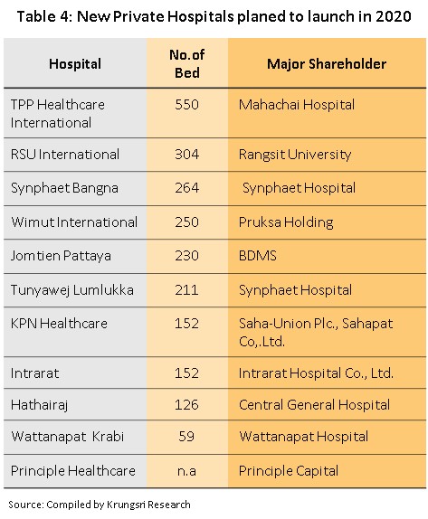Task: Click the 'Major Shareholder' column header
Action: [x=327, y=64]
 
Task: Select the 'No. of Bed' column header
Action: [x=186, y=64]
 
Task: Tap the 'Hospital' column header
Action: [x=75, y=64]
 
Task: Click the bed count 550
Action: [x=186, y=105]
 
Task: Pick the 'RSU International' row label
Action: [x=65, y=155]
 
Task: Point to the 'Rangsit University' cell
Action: [x=295, y=155]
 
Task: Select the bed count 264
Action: [x=186, y=188]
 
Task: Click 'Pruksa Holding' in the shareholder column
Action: [x=286, y=222]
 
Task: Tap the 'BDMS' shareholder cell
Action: [x=257, y=256]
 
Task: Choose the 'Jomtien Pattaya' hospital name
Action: [x=61, y=256]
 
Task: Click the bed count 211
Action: [x=186, y=290]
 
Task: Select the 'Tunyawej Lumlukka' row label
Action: [x=72, y=290]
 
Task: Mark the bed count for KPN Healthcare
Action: [x=186, y=324]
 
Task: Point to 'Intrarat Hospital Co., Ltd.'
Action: [x=316, y=373]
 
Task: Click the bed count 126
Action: [x=186, y=405]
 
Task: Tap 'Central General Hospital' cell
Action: [x=314, y=405]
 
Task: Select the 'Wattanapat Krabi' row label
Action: [x=68, y=437]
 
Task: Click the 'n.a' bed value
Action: [x=186, y=471]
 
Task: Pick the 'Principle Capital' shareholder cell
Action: [x=289, y=471]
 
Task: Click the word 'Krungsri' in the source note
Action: [x=126, y=505]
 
